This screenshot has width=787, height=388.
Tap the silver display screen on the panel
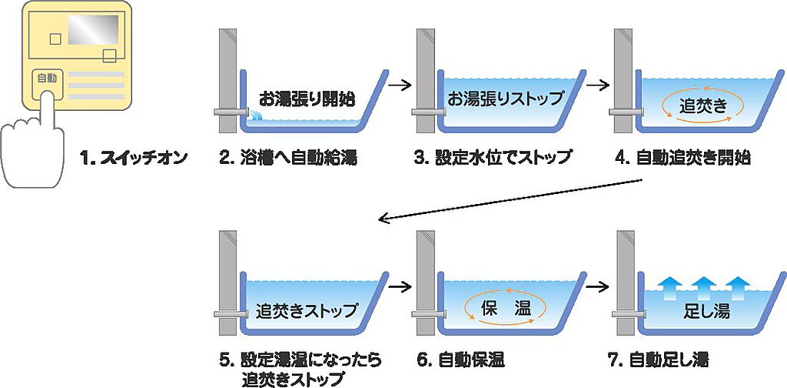point(93,30)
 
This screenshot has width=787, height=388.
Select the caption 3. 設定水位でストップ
point(493,159)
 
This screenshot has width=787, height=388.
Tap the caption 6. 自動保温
point(460,360)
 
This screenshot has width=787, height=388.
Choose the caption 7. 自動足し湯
point(660,360)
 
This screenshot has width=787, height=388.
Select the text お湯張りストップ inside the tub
point(506,98)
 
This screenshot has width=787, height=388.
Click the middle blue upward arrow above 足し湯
point(703,288)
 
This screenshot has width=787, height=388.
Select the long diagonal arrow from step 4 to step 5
point(511,199)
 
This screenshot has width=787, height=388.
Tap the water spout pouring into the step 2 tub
point(257,116)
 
